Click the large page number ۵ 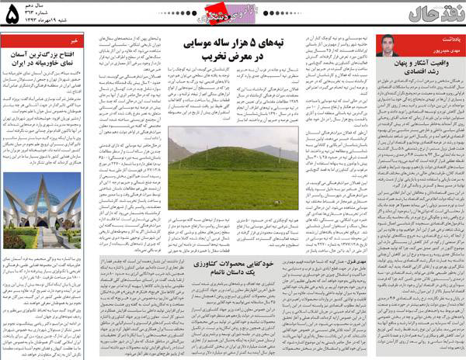tap(12, 16)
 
